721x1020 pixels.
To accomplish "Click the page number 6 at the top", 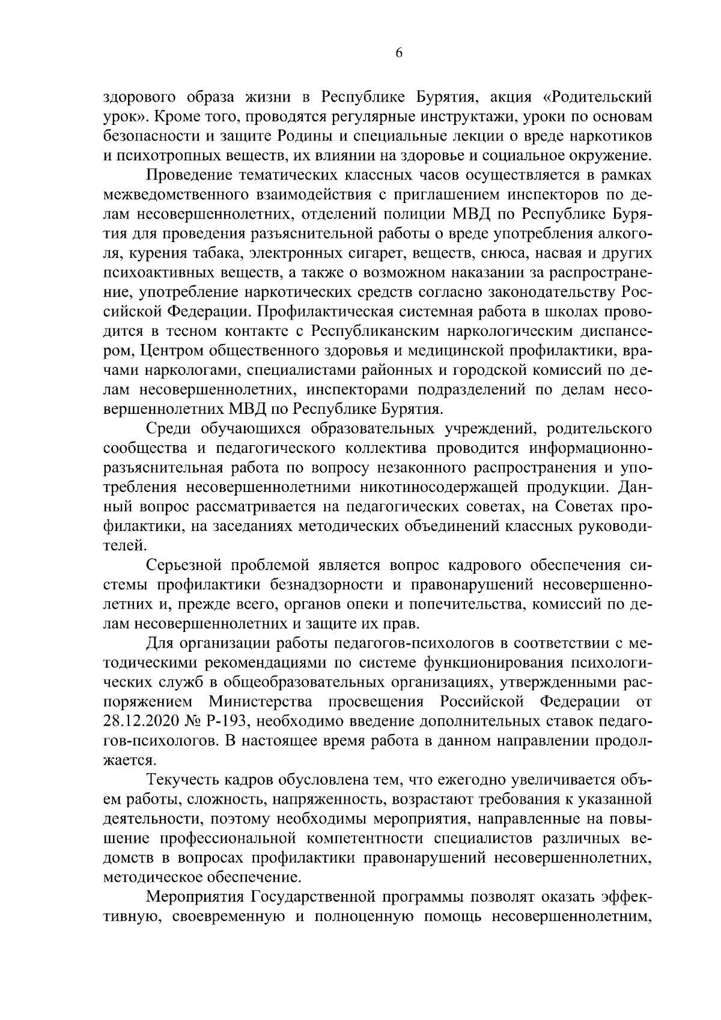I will click(x=398, y=52).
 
